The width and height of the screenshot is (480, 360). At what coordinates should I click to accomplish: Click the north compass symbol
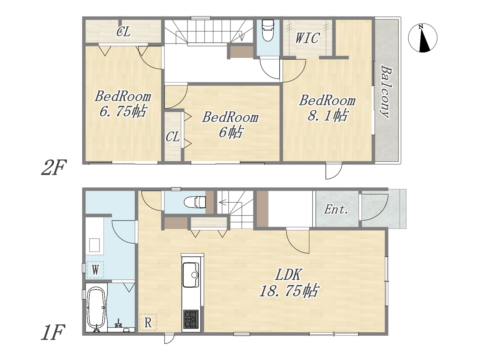point(423,38)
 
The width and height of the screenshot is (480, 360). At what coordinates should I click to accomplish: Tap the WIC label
point(307,38)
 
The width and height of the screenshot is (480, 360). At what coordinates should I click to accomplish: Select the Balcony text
point(385,91)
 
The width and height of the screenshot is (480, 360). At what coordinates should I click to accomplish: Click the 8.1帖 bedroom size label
point(327,115)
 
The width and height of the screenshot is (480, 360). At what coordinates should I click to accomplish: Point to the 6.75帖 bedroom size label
point(123,111)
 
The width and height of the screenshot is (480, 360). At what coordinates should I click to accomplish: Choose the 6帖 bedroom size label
point(231,132)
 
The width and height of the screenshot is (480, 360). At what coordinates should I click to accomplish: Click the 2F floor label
point(54,167)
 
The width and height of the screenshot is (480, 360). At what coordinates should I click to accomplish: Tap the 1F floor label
point(53,332)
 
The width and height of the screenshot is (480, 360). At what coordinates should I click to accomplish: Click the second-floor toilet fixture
point(268,30)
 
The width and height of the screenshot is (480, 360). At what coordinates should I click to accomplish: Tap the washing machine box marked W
point(95,270)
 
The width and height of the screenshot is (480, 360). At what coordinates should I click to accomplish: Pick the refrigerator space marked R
point(148,322)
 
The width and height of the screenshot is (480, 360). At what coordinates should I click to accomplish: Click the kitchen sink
point(191,275)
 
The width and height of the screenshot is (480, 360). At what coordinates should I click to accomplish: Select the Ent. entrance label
point(336,210)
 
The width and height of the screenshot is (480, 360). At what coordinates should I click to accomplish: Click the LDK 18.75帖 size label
point(289,283)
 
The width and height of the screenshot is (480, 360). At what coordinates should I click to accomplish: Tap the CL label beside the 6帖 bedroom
point(173,137)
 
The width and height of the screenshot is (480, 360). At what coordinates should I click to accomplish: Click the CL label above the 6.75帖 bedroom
point(123,32)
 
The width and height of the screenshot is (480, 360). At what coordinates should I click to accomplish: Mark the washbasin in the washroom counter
point(94,245)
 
